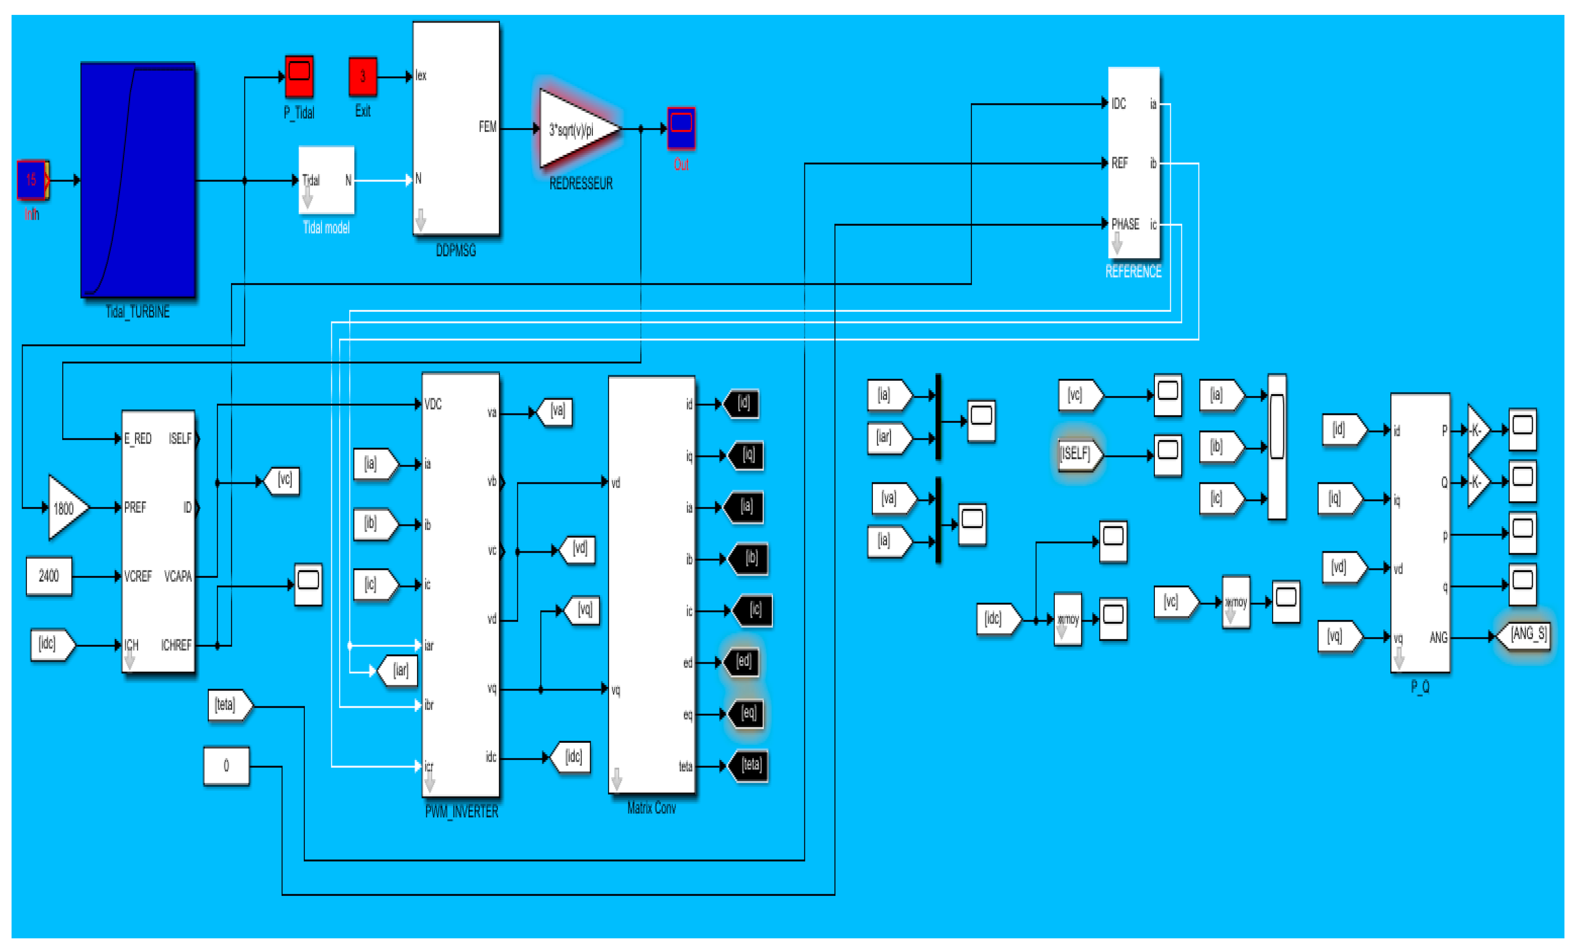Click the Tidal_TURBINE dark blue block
138,180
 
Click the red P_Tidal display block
299,76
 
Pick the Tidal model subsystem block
326,180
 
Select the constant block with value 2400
48,576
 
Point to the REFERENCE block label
1133,272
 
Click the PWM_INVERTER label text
461,812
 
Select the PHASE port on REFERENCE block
1124,224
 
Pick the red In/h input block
32,180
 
